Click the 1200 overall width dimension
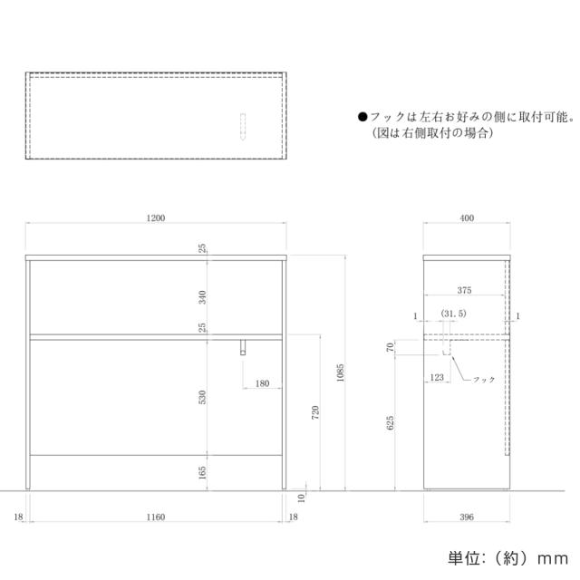pos(156,218)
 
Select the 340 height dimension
pos(203,296)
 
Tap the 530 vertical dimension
pos(203,396)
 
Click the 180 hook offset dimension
pos(262,384)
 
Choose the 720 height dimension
pos(314,412)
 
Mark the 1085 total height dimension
pos(340,372)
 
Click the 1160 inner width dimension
pos(155,517)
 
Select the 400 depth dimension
pos(466,218)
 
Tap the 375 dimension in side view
pos(464,290)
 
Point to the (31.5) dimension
pos(453,314)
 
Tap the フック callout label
pos(485,380)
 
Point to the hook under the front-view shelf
pos(243,347)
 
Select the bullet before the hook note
pos(362,118)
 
